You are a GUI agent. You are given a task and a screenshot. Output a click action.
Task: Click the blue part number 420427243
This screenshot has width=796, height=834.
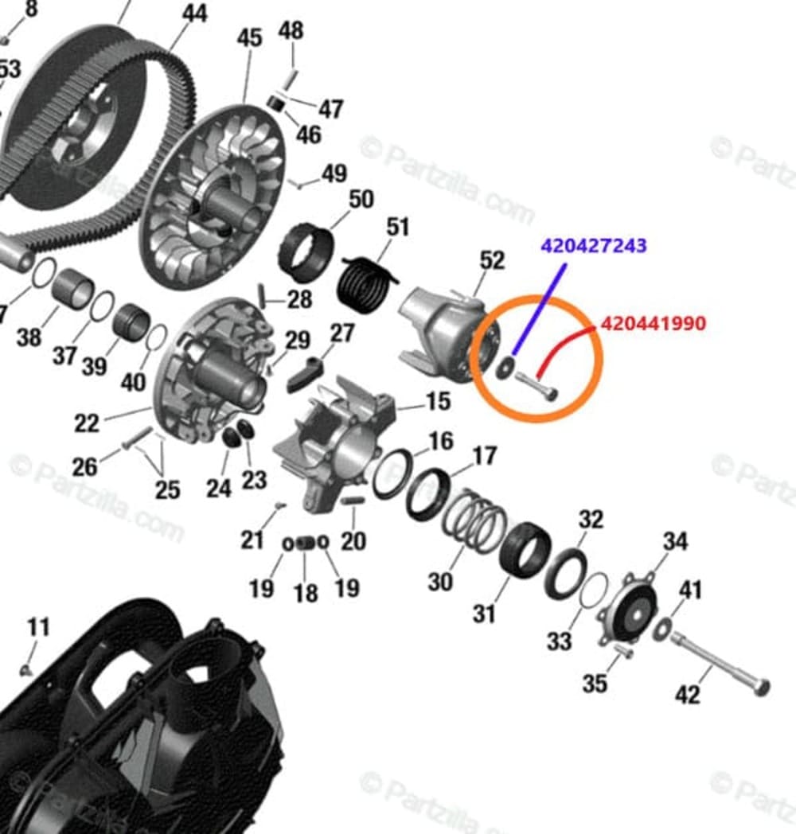(594, 245)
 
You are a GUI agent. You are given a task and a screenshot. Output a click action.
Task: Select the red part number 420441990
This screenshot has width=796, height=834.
(653, 324)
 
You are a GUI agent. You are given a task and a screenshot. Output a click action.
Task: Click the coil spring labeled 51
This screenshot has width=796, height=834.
(367, 280)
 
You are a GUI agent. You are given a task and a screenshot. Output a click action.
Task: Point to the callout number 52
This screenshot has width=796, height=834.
(492, 260)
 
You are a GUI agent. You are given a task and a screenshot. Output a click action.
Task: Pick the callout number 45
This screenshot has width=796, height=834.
(249, 38)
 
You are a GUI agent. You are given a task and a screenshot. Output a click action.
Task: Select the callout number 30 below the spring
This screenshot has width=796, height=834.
(440, 582)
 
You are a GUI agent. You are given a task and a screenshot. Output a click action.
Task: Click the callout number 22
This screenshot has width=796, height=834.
(87, 422)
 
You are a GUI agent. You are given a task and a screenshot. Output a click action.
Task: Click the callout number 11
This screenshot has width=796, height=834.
(38, 627)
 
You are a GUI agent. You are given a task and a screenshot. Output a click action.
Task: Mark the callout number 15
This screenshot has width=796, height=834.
(438, 401)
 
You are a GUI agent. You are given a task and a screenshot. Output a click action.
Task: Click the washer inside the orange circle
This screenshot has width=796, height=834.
(505, 368)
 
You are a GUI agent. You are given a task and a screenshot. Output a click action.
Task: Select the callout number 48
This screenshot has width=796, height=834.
(291, 31)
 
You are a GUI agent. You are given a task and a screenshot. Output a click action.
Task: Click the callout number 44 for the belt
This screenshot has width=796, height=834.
(194, 14)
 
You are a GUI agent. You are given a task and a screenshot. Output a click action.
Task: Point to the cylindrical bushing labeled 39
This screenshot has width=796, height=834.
(131, 322)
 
